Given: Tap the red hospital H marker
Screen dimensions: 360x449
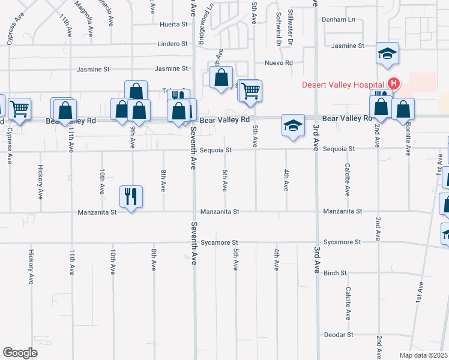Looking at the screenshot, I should click(393, 83).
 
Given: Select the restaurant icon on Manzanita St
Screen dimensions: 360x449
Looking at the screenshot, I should click(131, 196).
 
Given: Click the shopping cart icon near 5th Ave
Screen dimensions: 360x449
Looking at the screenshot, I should click(251, 91).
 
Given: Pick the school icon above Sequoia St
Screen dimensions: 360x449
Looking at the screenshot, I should click(292, 126).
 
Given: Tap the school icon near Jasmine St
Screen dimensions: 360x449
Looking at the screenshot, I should click(387, 54).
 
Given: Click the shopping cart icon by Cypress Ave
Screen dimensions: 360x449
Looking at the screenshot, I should click(20, 109).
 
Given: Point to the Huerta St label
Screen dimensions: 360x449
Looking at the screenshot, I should click(174, 25).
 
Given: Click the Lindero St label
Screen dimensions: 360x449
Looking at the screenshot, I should click(173, 44).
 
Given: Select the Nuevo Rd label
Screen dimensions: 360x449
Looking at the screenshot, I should click(279, 62).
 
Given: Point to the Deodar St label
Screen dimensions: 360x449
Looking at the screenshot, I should click(339, 334).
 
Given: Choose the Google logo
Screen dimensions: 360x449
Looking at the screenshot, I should click(20, 353).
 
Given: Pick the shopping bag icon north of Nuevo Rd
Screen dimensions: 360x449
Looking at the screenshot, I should click(221, 77).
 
